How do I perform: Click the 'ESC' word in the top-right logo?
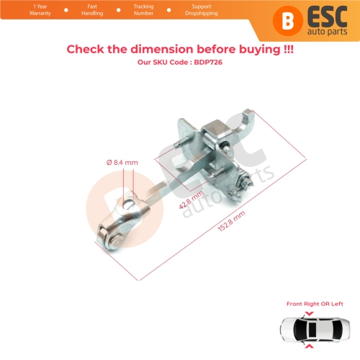pyautogui.click(x=311, y=15)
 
